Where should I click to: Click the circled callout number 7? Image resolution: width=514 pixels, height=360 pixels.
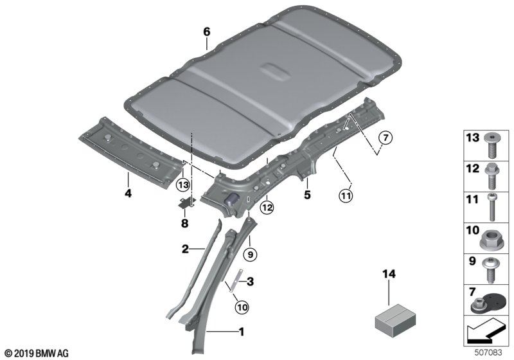click(386, 138)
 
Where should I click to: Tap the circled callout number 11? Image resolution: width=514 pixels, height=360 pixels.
click(346, 196)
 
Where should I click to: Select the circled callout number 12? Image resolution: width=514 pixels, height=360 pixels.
click(267, 207)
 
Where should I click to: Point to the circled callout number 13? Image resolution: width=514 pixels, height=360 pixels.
click(183, 185)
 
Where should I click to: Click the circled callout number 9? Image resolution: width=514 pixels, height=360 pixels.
click(251, 255)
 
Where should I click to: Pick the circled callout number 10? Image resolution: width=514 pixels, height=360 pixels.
click(242, 307)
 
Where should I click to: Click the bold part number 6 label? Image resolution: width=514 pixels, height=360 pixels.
click(206, 32)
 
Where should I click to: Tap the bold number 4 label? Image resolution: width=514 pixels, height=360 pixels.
click(128, 193)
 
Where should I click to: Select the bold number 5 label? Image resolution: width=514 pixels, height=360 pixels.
click(307, 195)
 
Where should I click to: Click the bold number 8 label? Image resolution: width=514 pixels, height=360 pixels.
click(185, 224)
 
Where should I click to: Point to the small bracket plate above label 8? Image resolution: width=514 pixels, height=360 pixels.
click(187, 203)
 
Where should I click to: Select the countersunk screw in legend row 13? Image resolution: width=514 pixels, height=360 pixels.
click(491, 145)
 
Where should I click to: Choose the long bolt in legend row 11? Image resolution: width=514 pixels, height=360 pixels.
click(492, 207)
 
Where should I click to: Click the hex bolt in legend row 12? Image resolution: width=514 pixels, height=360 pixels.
click(491, 176)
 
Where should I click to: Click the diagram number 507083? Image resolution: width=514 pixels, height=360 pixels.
click(488, 353)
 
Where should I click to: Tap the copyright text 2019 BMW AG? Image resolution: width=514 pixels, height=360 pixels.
click(37, 354)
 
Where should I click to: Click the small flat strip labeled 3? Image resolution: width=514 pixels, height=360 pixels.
click(236, 280)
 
